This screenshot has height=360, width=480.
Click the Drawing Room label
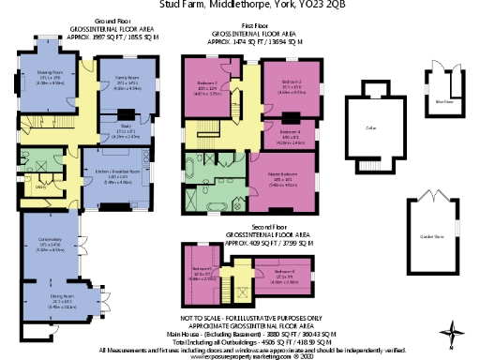click(50, 71)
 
